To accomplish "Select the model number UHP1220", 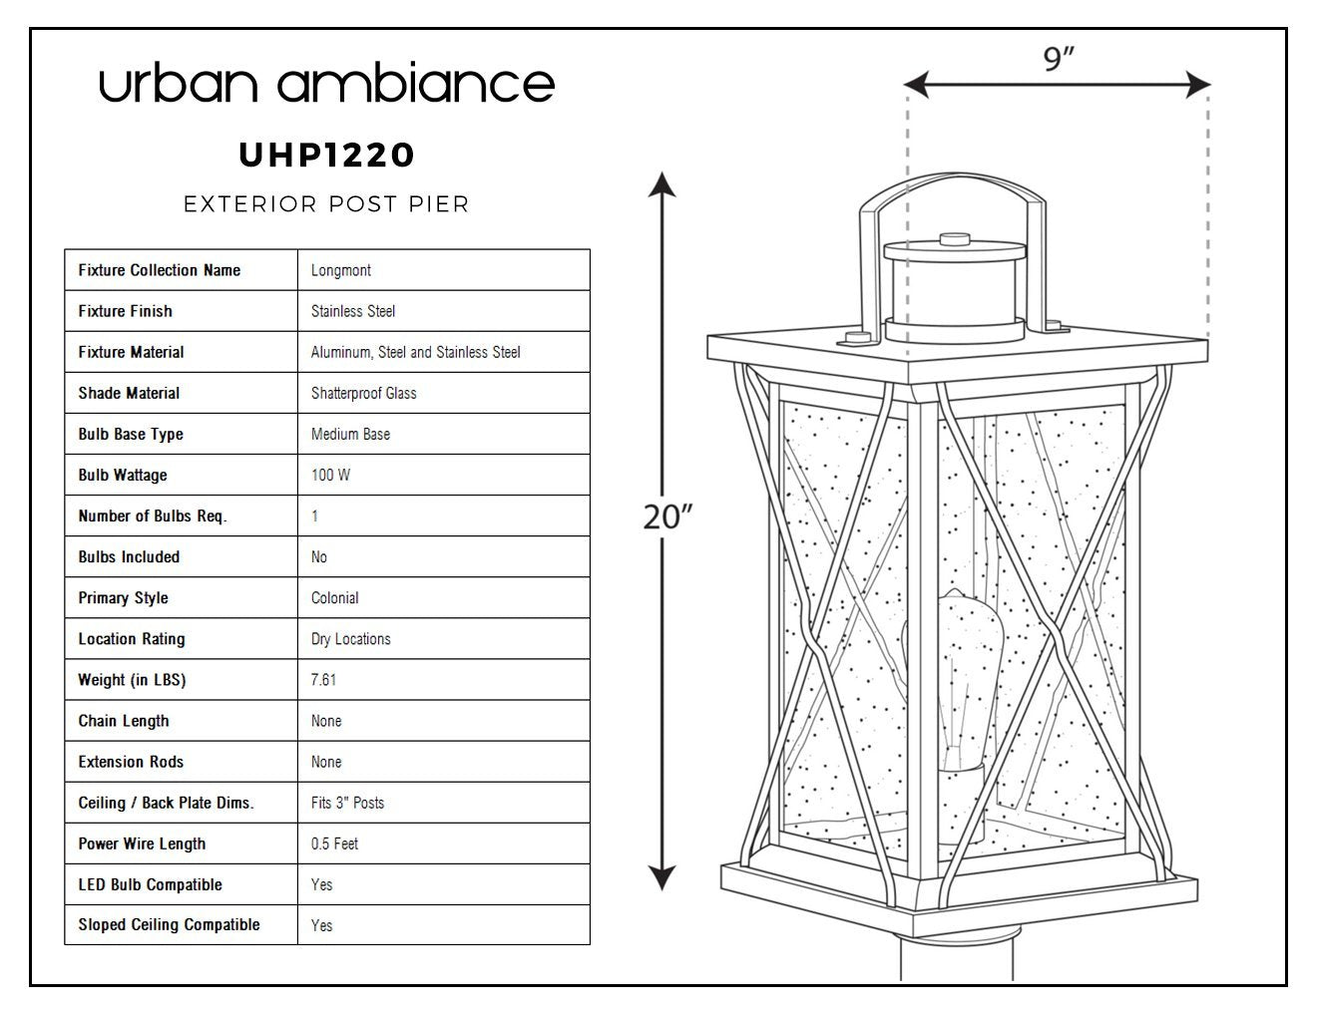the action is [x=326, y=156].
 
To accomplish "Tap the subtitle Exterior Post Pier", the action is [x=326, y=204].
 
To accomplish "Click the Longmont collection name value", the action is [x=340, y=270].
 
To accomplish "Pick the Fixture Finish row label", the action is [x=126, y=311].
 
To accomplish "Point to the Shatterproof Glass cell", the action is [x=363, y=393].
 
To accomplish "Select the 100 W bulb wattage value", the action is [x=330, y=475].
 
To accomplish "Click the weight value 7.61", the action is [x=323, y=680].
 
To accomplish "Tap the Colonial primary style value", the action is [x=334, y=598].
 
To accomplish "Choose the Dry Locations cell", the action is [x=351, y=639].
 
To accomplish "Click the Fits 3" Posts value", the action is [x=347, y=803].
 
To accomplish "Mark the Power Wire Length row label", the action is [x=142, y=844].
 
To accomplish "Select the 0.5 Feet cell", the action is [x=334, y=844].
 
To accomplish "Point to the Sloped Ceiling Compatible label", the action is [x=169, y=925].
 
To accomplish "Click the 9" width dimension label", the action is [x=1058, y=59].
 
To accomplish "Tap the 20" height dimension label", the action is [x=666, y=517].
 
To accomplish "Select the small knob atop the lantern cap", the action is [x=955, y=238].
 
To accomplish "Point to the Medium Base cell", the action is [x=350, y=435].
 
